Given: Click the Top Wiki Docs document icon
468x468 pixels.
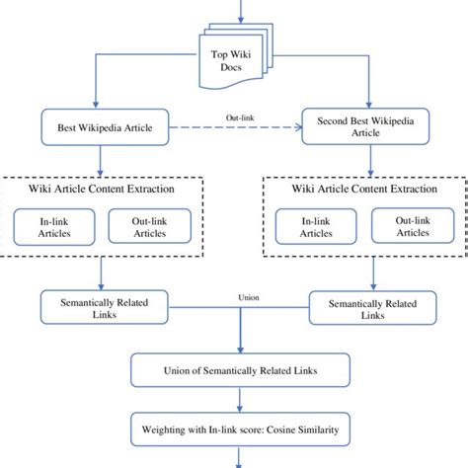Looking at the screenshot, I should [x=234, y=57].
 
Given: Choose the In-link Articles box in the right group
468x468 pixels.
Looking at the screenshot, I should [x=315, y=227].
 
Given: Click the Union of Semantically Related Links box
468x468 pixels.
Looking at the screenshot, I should [x=234, y=370].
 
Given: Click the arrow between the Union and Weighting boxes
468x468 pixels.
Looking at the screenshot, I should [x=236, y=400].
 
